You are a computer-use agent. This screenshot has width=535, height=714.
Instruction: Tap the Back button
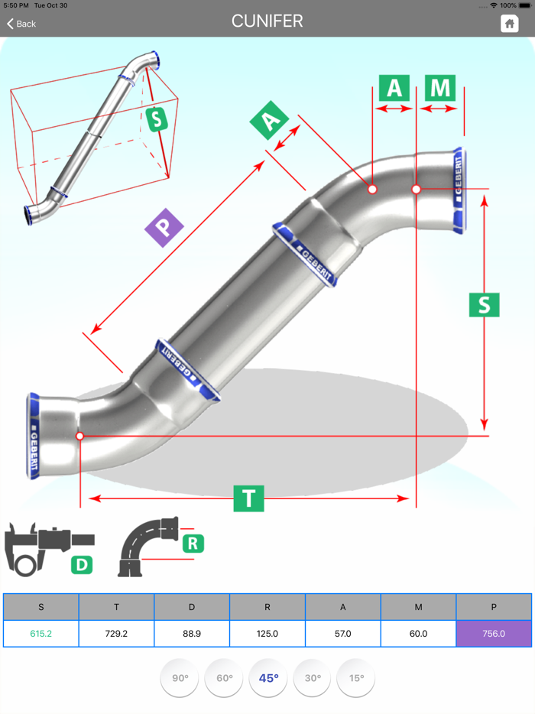(x=21, y=24)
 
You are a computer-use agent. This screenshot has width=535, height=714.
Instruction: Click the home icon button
(x=509, y=24)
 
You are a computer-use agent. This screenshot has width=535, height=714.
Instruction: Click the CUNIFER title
(x=267, y=21)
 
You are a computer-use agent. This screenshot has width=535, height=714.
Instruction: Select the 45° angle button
(x=268, y=678)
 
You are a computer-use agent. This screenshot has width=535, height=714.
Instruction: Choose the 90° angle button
(x=180, y=678)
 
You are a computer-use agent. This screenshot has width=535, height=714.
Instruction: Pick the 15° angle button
(x=356, y=678)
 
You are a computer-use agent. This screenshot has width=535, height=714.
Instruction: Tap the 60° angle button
(x=224, y=678)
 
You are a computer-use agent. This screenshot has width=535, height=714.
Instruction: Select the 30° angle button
(x=313, y=678)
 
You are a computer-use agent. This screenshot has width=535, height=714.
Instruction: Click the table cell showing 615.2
(x=41, y=634)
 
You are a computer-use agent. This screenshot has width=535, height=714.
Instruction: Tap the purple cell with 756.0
(x=494, y=634)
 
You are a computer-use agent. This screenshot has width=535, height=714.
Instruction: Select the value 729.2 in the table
(x=116, y=634)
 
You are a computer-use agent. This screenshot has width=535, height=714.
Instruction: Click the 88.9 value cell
(x=192, y=634)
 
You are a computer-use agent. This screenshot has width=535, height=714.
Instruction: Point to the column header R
(x=267, y=607)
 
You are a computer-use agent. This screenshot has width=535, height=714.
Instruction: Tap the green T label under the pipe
(x=248, y=498)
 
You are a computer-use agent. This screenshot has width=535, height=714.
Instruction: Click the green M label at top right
(x=440, y=88)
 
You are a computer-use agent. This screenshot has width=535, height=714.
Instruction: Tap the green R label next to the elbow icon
(x=193, y=544)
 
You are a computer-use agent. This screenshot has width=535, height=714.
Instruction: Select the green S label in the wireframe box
(x=156, y=119)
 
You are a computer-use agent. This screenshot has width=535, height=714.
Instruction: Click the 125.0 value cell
(x=267, y=634)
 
